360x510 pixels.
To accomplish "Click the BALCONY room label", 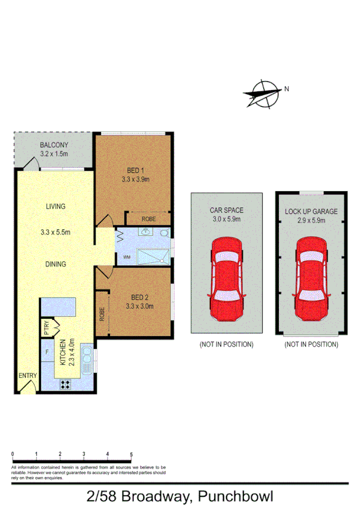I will [54, 145].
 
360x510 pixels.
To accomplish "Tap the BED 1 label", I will [135, 170].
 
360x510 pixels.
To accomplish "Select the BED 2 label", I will [135, 297].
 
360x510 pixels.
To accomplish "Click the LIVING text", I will [55, 206].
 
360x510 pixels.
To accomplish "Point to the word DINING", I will [55, 264].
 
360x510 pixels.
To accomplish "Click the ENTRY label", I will [28, 376].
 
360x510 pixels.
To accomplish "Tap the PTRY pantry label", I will [46, 328].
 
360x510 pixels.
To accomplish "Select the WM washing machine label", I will [127, 257].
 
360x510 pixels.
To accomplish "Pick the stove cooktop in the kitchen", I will [65, 386].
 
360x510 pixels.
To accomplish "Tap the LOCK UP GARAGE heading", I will [311, 212].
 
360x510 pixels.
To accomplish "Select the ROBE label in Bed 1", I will [148, 219].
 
